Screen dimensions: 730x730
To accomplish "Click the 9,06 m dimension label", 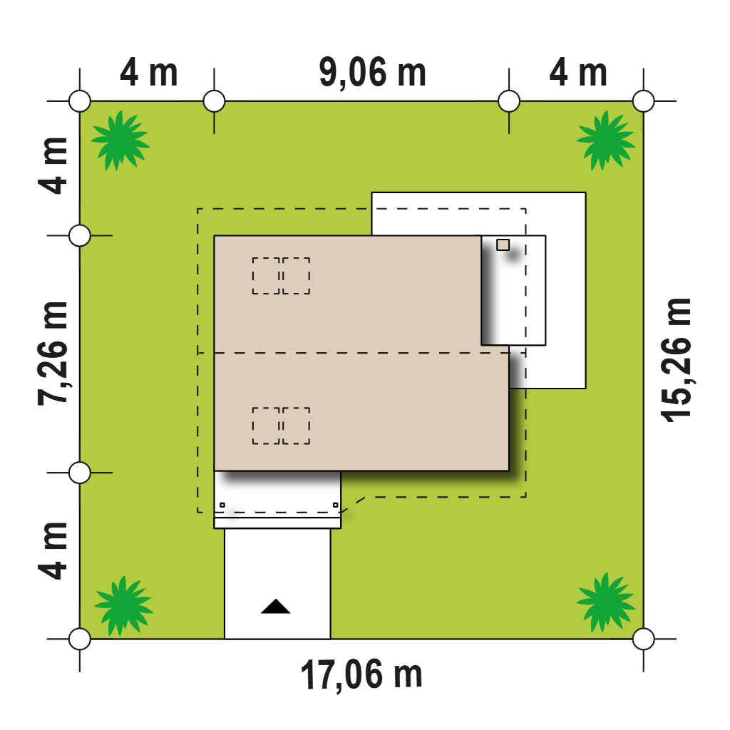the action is pyautogui.click(x=372, y=73).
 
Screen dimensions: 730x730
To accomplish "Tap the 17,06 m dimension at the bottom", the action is pyautogui.click(x=361, y=675).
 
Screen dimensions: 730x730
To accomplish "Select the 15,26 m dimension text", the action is pyautogui.click(x=677, y=360).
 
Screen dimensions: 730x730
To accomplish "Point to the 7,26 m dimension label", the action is pyautogui.click(x=53, y=354).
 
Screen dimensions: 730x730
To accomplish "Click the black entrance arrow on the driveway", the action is pyautogui.click(x=276, y=606).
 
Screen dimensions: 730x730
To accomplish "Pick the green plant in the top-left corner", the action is pyautogui.click(x=120, y=140).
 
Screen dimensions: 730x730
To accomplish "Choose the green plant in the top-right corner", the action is pyautogui.click(x=606, y=140).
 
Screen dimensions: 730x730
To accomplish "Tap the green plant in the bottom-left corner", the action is pyautogui.click(x=123, y=605).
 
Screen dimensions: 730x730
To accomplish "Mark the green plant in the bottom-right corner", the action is pyautogui.click(x=606, y=602).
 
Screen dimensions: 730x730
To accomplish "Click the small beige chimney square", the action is pyautogui.click(x=503, y=245).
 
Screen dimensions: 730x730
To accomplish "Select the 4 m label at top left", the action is pyautogui.click(x=148, y=73).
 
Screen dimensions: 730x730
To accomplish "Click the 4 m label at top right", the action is pyautogui.click(x=578, y=73).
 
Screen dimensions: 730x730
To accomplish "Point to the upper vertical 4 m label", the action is pyautogui.click(x=53, y=165).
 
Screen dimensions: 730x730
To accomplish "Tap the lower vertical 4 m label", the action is pyautogui.click(x=53, y=551).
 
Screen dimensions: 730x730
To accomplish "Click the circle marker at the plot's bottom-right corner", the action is pyautogui.click(x=644, y=639).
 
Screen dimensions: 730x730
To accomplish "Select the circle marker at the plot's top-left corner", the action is pyautogui.click(x=80, y=101).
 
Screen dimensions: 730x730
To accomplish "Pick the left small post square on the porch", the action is pyautogui.click(x=222, y=505).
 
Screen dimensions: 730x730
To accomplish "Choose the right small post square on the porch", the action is pyautogui.click(x=336, y=505).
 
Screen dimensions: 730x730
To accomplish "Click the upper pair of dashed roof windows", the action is pyautogui.click(x=281, y=276).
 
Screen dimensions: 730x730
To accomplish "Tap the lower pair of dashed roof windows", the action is pyautogui.click(x=281, y=426).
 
